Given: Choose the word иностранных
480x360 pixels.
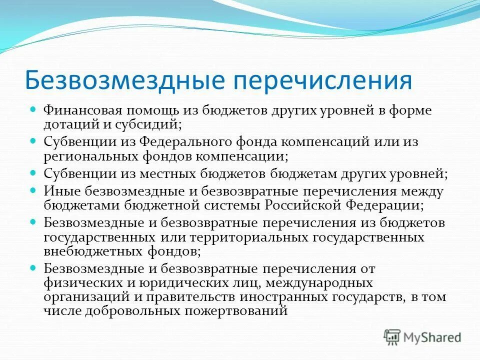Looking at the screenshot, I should pos(279,296).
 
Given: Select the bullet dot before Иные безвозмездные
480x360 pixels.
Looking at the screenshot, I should pos(34,191).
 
